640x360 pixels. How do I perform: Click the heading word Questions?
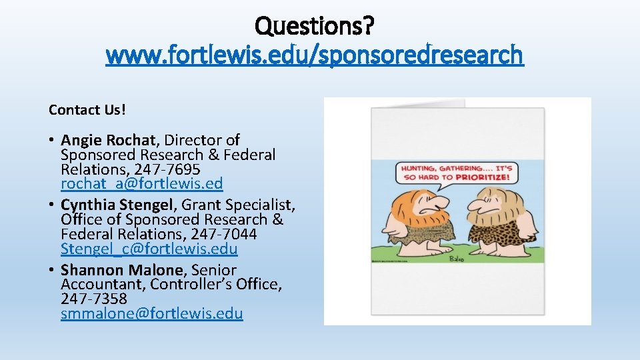(x=315, y=26)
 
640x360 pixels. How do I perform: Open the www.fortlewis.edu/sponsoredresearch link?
(x=315, y=55)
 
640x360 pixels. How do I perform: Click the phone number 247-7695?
(x=167, y=169)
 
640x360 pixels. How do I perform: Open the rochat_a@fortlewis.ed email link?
(x=141, y=183)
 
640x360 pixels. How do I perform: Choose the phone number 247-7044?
(x=223, y=234)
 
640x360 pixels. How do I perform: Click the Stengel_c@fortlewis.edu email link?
(x=149, y=249)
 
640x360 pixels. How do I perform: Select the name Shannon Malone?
(x=122, y=270)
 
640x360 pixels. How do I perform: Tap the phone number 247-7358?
(x=93, y=299)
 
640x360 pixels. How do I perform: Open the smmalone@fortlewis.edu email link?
(x=151, y=313)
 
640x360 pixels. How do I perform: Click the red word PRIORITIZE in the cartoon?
(x=482, y=178)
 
